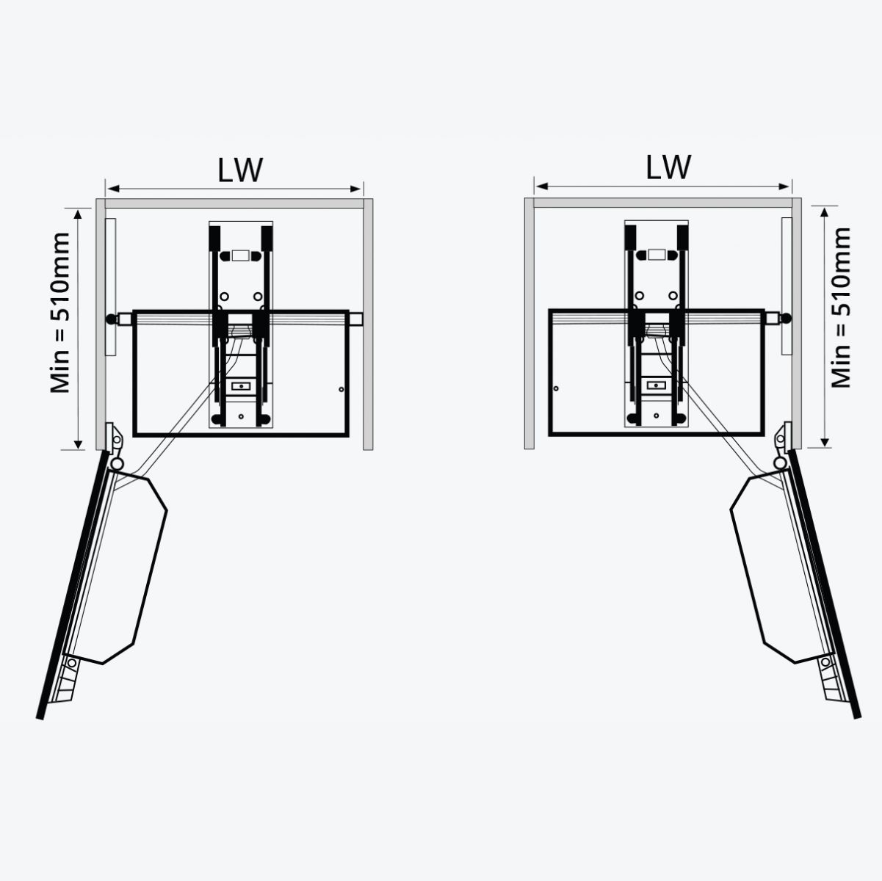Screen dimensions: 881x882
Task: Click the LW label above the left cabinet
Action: click(x=239, y=170)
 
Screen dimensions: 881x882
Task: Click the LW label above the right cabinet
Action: click(x=668, y=167)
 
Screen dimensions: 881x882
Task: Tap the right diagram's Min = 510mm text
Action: click(x=842, y=308)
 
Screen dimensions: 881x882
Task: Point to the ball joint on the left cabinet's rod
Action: click(x=112, y=319)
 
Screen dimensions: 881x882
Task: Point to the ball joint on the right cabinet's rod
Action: click(x=785, y=319)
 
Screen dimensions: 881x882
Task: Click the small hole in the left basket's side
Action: click(x=340, y=390)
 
